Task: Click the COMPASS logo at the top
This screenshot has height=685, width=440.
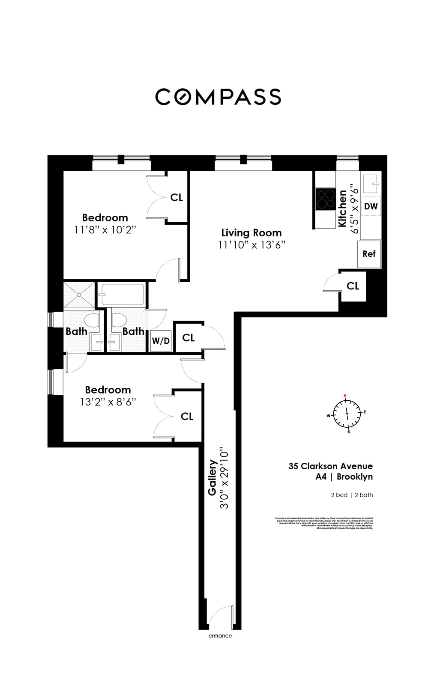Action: [218, 97]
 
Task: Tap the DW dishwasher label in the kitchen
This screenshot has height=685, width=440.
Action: [371, 206]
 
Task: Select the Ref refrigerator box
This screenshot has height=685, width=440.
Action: [369, 254]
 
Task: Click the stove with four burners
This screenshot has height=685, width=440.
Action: [326, 199]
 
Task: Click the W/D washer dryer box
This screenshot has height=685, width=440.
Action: [161, 341]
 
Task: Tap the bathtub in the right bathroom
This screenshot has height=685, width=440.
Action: [122, 294]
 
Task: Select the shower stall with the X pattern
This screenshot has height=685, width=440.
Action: [79, 295]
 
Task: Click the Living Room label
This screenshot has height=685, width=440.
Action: [251, 233]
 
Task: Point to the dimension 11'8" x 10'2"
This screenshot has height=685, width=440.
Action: [105, 230]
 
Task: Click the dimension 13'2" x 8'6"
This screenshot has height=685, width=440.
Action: [108, 402]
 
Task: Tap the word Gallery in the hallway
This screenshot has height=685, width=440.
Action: [212, 477]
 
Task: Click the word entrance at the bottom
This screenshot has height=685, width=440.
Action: [220, 636]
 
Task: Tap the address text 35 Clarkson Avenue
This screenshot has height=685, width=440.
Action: [330, 466]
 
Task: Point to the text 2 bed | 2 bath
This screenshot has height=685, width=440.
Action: [352, 495]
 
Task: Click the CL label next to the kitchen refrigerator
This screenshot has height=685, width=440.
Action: [353, 286]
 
